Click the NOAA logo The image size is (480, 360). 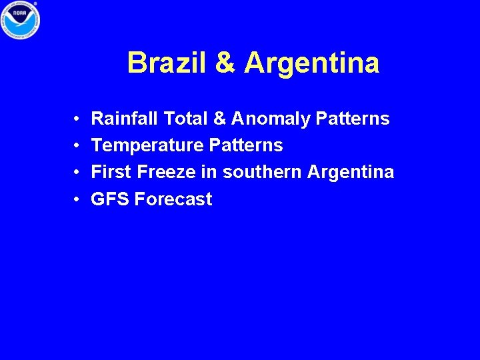click(19, 20)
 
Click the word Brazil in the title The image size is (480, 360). click(167, 63)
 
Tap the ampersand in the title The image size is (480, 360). click(226, 63)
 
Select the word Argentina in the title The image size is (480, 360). click(312, 63)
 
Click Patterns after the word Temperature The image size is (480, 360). click(246, 146)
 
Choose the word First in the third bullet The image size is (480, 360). click(111, 172)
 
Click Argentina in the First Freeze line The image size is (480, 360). click(351, 173)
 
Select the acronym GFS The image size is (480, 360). click(110, 199)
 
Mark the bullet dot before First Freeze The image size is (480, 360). click(78, 173)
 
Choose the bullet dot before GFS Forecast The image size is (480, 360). click(78, 199)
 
